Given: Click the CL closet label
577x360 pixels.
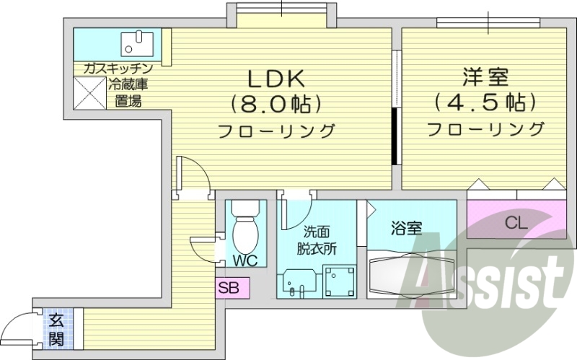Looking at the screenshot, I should click(x=515, y=221).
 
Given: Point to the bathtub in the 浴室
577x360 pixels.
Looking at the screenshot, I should click(x=410, y=273).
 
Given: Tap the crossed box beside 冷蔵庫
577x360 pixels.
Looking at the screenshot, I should click(x=89, y=92).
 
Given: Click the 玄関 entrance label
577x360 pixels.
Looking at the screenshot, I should click(x=56, y=329).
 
